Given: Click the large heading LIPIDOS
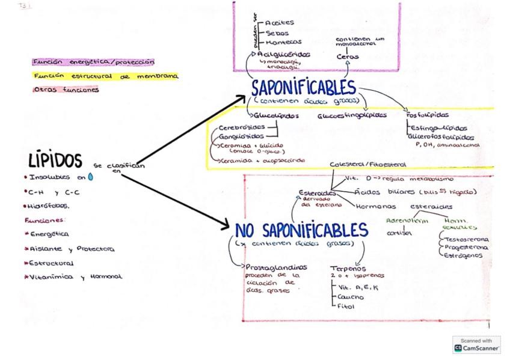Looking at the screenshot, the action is click(x=55, y=160).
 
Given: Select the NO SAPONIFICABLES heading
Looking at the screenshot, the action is click(x=301, y=230).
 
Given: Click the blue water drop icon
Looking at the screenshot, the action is click(x=91, y=177).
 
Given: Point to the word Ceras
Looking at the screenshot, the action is click(x=348, y=56).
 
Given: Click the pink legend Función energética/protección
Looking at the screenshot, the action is click(x=94, y=61).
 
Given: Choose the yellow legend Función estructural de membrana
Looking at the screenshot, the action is click(x=106, y=76).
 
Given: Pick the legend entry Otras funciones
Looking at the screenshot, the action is click(x=66, y=90).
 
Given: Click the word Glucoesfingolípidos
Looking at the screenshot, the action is click(x=351, y=115).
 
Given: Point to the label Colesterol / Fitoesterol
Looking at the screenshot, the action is click(x=367, y=164).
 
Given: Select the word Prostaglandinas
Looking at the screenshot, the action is click(x=275, y=267).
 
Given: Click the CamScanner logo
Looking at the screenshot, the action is click(x=476, y=344).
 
